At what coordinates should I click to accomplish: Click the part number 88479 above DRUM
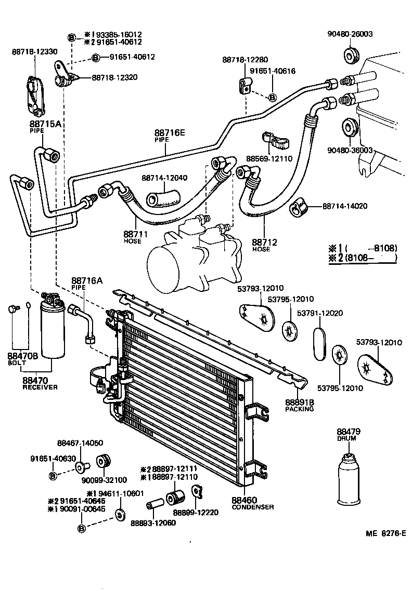coord(349,431)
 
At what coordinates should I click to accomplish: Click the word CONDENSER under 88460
coord(253,507)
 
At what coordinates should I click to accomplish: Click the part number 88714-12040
coord(164,178)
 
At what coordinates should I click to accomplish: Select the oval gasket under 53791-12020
coord(319,343)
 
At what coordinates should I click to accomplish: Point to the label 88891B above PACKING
coord(299,402)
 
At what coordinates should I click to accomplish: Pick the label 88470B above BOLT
coord(22,356)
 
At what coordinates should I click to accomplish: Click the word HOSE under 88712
coord(262,249)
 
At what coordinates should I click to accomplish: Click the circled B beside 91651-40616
coord(273,97)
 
